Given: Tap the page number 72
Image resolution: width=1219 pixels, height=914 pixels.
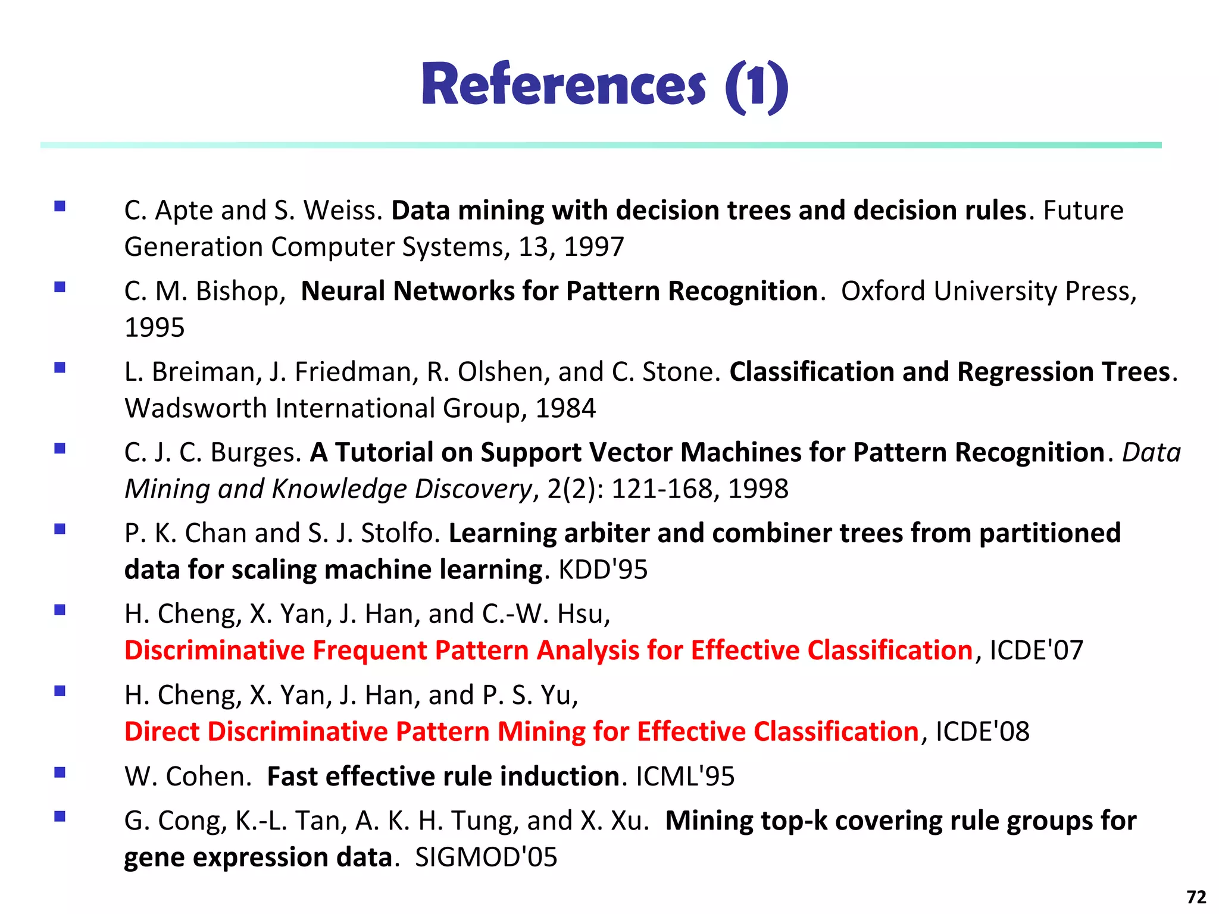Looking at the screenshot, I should coord(1196,897).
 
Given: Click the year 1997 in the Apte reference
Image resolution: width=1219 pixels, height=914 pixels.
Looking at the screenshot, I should coord(593,247).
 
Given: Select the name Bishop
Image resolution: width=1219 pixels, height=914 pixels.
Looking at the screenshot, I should coord(237,291).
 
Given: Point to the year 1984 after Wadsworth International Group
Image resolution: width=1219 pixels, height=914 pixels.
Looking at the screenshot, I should coord(565,408).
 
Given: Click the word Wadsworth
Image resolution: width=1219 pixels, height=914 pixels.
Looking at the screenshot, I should coord(196,408).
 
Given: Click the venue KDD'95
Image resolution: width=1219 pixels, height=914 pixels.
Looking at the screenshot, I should coord(602,569).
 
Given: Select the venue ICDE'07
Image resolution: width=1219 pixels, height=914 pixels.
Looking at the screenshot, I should coord(1036,650).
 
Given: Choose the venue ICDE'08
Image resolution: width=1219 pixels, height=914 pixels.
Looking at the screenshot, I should coord(982,731).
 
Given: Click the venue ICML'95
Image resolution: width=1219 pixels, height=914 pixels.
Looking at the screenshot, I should coord(685,777).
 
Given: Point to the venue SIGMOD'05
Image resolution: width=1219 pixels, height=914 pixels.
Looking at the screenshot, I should coord(486,857).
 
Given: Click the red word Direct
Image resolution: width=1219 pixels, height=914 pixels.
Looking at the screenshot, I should coord(162,731).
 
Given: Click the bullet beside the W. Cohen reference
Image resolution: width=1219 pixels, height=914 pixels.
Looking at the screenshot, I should coord(60,772).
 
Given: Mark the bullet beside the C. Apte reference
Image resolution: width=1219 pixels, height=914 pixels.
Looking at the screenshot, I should coord(60,206).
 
